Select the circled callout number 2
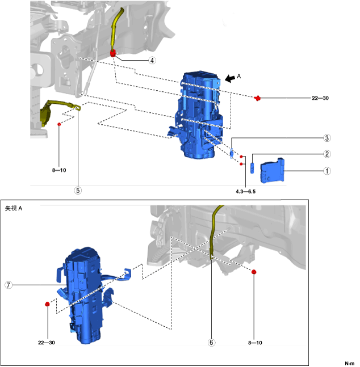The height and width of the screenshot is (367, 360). click(328, 154)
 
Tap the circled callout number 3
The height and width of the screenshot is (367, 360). click(328, 138)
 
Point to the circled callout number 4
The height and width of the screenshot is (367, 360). click(152, 60)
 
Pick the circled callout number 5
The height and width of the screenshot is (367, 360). click(77, 191)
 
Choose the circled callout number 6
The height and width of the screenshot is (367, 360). click(211, 342)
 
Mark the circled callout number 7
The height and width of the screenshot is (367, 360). click(9, 285)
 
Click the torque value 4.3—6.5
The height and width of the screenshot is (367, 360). click(245, 191)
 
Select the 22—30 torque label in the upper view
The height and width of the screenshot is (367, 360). click(320, 98)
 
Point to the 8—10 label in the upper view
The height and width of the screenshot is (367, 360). click(58, 169)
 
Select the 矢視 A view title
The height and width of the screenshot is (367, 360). click(14, 208)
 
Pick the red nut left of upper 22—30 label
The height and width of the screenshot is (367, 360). click(258, 98)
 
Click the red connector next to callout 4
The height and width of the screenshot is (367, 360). click(113, 54)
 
